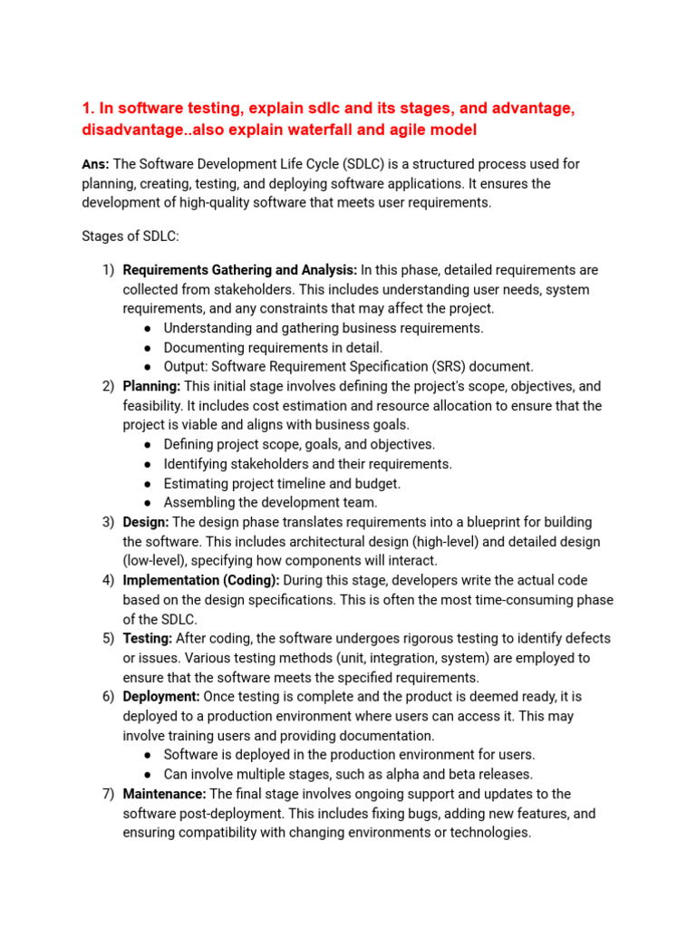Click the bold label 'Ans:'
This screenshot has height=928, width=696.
pos(95,164)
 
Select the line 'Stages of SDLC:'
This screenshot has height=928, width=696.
pos(130,237)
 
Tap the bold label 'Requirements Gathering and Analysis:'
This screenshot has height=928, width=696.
pos(240,270)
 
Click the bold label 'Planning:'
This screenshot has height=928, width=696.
pos(151,386)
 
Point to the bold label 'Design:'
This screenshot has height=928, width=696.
pos(146,522)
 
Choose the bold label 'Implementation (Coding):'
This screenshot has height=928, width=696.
pos(201,580)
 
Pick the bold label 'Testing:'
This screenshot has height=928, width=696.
pos(148,638)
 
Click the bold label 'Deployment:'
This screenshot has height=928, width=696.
pos(161,696)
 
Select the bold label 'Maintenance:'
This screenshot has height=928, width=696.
pos(164,794)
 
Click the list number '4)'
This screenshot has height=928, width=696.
pos(108,580)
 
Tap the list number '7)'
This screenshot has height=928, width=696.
pos(108,794)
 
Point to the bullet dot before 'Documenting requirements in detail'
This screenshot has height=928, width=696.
pos(148,348)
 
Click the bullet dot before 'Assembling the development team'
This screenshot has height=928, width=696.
pos(148,503)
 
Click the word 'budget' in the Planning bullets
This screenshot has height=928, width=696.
pos(380,484)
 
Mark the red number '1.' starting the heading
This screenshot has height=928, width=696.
pos(89,109)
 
